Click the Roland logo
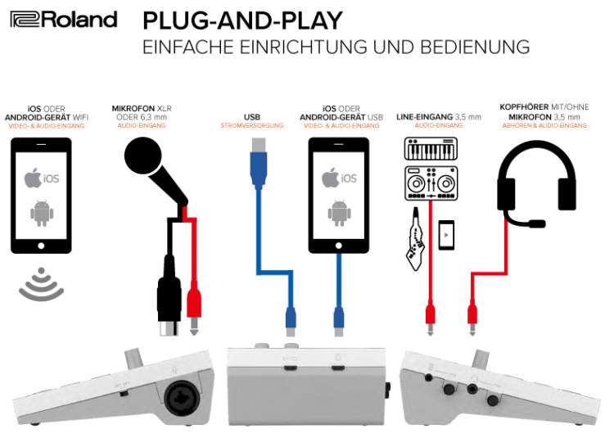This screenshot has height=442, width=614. click(64, 19)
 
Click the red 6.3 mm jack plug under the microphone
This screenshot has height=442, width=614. click(194, 304)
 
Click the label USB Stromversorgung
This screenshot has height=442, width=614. click(252, 121)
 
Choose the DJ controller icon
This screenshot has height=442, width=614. click(431, 183)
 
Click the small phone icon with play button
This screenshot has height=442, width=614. click(446, 236)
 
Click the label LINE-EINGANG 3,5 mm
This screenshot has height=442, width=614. click(439, 117)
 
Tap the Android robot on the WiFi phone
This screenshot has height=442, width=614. click(40, 213)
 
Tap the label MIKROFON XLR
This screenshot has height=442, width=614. click(142, 107)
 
